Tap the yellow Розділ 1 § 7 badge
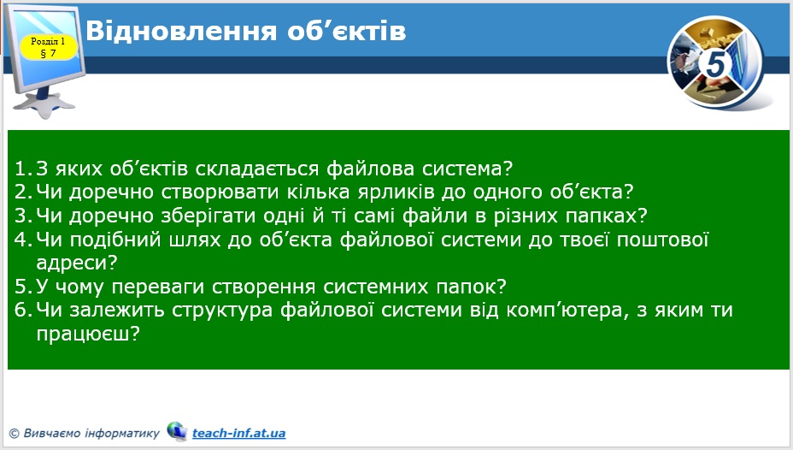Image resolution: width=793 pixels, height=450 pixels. coord(48,46)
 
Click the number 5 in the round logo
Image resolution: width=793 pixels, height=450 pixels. coord(715,64)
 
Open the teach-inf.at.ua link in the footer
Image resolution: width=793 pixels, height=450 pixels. coord(238,433)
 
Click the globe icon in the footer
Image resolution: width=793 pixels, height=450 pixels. coord(176,431)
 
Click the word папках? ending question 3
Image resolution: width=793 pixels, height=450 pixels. coord(608,215)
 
